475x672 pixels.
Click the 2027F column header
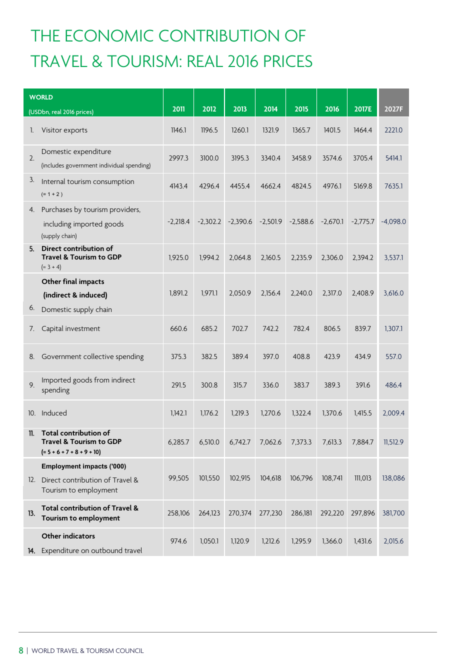(393, 109)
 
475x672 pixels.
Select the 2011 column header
(178, 109)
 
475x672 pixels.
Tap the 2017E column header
(362, 109)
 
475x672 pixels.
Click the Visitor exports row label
(64, 130)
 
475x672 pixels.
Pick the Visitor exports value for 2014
(270, 130)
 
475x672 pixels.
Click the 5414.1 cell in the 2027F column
(393, 158)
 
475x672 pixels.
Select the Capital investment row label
(70, 328)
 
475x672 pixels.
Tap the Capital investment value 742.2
(270, 328)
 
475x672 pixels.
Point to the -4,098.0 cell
(393, 221)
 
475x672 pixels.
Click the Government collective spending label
(92, 356)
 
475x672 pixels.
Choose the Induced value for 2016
(332, 413)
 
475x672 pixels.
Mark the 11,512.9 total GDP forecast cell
(393, 442)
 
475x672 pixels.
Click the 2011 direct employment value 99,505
(178, 478)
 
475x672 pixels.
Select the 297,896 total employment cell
(362, 513)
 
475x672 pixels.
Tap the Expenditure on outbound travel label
(91, 550)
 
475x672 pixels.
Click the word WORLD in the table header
(41, 97)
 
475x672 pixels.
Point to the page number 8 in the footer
(21, 650)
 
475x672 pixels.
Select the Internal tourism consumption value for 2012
(209, 186)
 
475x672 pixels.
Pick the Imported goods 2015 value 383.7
(301, 385)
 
